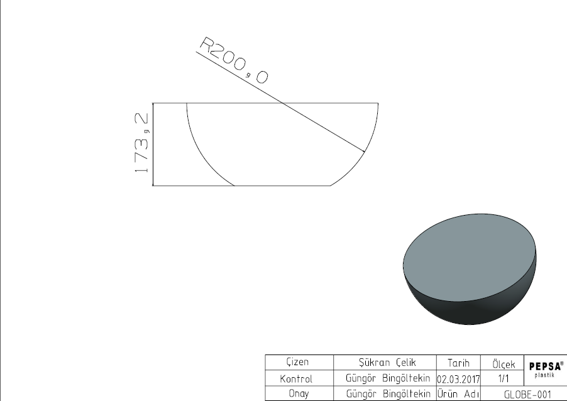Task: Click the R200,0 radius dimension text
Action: (234, 60)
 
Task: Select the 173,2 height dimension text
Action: (141, 143)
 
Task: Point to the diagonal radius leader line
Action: (280, 102)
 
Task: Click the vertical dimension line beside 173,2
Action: (153, 145)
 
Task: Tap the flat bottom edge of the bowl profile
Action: (282, 185)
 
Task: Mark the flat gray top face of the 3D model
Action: (470, 257)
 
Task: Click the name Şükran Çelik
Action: (387, 362)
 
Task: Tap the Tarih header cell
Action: (458, 363)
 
